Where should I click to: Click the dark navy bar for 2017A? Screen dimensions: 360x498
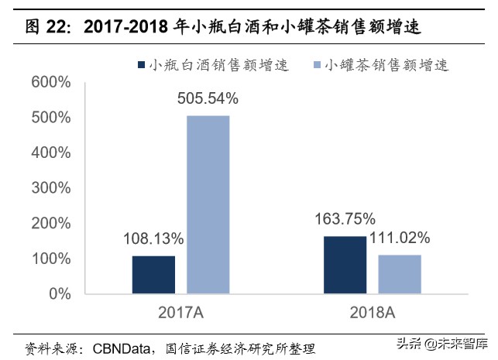153,274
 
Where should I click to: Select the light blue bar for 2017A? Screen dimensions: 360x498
207,204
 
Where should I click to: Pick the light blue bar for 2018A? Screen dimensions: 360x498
400,274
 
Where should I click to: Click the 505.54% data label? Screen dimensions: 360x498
207,98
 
